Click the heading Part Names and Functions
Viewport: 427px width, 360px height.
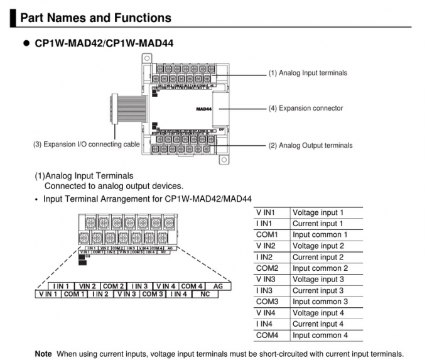(x=95, y=18)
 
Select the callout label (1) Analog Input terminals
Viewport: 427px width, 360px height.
(x=308, y=73)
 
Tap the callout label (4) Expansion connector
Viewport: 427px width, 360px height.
(x=306, y=108)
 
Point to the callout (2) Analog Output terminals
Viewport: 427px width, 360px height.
(x=310, y=145)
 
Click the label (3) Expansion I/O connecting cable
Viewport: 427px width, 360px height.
(x=87, y=145)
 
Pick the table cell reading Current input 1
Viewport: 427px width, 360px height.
(x=318, y=224)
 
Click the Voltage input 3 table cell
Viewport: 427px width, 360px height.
(x=318, y=280)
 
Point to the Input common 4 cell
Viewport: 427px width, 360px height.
(x=320, y=335)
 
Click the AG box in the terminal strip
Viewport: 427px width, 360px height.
(x=219, y=286)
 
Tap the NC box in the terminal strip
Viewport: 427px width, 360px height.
(x=205, y=294)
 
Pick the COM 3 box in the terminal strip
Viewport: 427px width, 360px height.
(x=153, y=294)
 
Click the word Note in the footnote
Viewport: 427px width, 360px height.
(x=43, y=354)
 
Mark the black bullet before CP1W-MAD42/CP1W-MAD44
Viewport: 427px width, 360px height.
(x=26, y=43)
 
